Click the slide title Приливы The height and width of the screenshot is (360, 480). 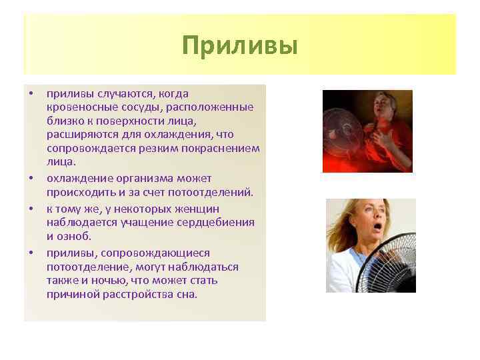pos(239,46)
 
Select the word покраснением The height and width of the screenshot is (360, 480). pos(226,148)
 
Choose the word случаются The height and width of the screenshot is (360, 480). pos(117,94)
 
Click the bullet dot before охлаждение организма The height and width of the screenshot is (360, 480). pos(31,179)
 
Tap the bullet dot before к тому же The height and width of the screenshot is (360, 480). pos(31,208)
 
